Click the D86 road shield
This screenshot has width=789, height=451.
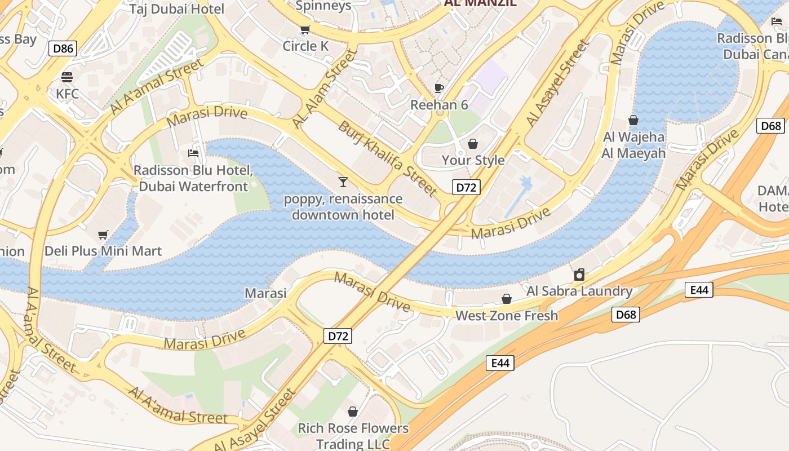click(63, 48)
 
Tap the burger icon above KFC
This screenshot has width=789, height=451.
click(67, 77)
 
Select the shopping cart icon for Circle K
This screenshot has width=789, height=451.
click(305, 29)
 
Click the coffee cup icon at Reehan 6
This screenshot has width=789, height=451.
click(439, 88)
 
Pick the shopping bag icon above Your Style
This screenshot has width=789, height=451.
click(473, 144)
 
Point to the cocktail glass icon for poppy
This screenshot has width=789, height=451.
click(343, 182)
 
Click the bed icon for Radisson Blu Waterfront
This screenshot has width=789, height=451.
click(193, 153)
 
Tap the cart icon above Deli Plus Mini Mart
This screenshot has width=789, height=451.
click(103, 235)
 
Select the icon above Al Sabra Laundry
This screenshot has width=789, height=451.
click(579, 275)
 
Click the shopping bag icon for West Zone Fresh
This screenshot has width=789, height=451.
click(507, 299)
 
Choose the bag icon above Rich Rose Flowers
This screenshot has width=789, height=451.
click(353, 412)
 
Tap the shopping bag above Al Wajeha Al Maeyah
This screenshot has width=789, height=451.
click(633, 120)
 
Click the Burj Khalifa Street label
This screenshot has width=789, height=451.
click(388, 158)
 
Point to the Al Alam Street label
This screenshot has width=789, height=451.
click(325, 89)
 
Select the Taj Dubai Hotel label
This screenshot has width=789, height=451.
click(176, 8)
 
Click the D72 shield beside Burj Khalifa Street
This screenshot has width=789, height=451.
click(466, 188)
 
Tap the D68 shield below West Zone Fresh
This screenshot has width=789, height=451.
click(626, 315)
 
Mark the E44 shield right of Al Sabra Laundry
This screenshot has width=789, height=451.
click(699, 290)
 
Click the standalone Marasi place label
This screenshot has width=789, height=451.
click(265, 293)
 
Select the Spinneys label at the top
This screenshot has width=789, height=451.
click(323, 6)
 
